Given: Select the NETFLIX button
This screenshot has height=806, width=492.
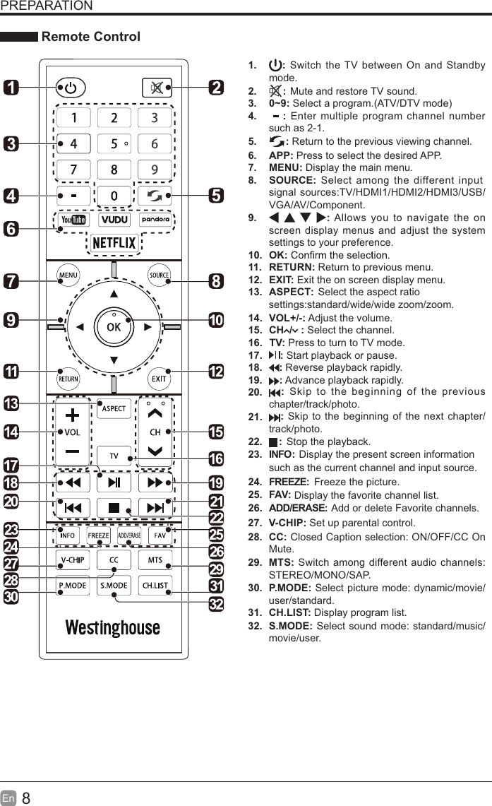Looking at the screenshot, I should [113, 243].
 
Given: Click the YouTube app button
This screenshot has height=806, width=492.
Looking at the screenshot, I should [73, 220].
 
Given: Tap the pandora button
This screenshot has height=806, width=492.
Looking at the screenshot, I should [153, 220].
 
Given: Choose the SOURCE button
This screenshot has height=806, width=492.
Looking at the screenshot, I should [158, 275].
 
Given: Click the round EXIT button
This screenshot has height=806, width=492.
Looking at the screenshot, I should [159, 378].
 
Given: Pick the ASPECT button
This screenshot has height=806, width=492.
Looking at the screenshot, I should [114, 408].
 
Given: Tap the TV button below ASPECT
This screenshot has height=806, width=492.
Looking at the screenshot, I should [114, 456].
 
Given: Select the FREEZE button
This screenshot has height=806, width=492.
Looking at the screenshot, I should [98, 535].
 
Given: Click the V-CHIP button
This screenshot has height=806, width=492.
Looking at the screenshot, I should [72, 560].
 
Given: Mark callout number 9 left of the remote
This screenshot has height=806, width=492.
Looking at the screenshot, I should [11, 320].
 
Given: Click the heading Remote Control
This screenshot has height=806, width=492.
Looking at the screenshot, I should [91, 37].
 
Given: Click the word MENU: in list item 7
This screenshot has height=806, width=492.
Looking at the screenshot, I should [285, 168].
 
